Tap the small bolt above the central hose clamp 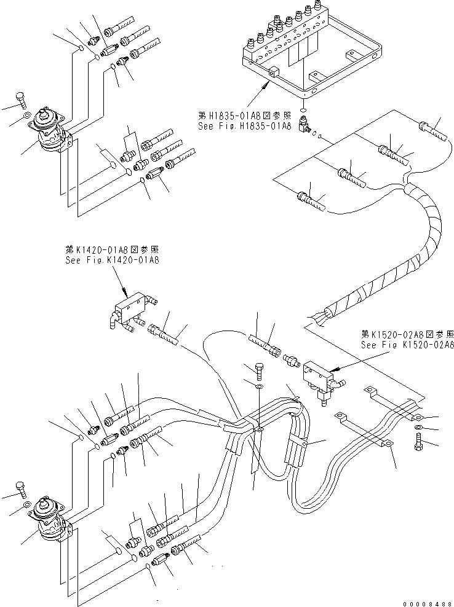coord(259,370)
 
